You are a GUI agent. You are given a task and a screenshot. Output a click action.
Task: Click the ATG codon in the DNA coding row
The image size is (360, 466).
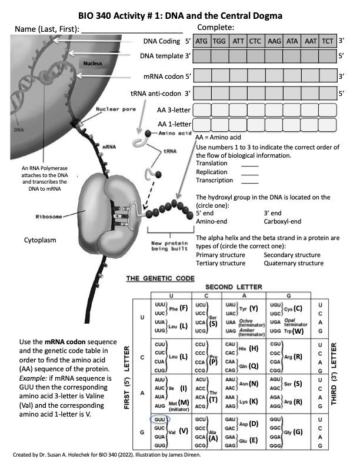202,42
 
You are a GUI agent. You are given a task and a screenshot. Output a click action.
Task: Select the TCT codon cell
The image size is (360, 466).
328,42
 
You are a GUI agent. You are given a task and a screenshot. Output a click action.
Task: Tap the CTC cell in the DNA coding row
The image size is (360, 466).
255,42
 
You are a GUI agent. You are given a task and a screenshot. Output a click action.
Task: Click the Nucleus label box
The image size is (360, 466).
93,63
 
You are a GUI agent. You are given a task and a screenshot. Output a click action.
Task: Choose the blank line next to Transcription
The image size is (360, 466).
250,181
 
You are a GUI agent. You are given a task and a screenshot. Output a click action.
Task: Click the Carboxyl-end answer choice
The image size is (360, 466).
283,221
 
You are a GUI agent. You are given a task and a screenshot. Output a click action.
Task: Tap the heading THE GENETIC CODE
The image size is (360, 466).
159,278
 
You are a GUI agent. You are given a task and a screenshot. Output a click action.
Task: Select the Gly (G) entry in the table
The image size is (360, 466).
294,431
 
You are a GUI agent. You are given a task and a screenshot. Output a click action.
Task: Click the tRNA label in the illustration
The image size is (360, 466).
170,151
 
